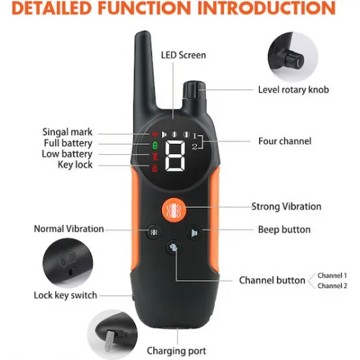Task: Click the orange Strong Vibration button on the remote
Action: tap(174, 210)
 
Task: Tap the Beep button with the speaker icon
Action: tap(194, 233)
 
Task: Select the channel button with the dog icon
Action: tap(174, 248)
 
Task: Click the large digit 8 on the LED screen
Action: tap(176, 156)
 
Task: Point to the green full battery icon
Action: tap(155, 145)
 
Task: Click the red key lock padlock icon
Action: tap(155, 168)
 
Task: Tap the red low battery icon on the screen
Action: tap(156, 156)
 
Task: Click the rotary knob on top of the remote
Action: tap(194, 90)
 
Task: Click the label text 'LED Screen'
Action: tap(184, 55)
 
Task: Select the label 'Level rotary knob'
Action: tap(293, 90)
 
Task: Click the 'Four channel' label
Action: tap(284, 141)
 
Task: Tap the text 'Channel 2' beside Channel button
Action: tap(332, 286)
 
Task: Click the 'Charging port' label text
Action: tap(176, 351)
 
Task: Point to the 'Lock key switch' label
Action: tap(66, 295)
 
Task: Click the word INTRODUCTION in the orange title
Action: tap(266, 8)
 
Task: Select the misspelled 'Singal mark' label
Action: tap(67, 132)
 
